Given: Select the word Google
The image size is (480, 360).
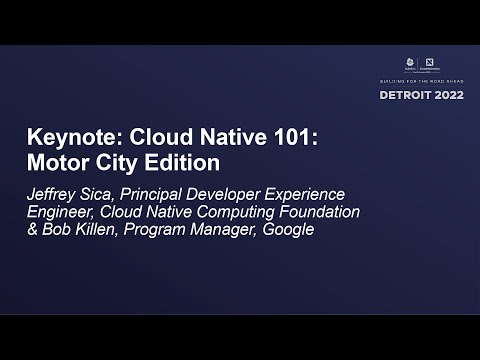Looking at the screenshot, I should [x=287, y=230].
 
